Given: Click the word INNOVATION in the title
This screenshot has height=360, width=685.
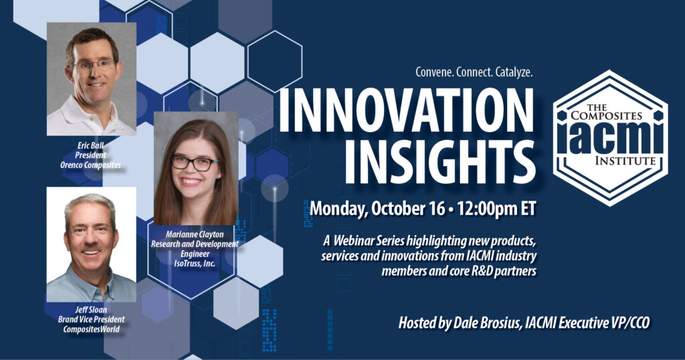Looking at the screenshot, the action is [406, 110].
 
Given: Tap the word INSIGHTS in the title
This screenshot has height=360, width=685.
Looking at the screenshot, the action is [440, 163].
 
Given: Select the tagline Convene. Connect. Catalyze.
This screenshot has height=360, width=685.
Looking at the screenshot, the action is [474, 72].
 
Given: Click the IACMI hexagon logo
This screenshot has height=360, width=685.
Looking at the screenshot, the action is [610, 138].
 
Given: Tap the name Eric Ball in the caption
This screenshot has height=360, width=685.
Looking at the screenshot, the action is [90, 145].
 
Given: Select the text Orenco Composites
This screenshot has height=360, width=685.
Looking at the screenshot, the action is [90, 165].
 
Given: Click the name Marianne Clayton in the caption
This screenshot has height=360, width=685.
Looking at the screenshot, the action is [195, 235].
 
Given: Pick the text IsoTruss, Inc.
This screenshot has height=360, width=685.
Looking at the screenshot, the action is [195, 264].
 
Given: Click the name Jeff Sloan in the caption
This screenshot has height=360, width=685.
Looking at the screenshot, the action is [91, 310].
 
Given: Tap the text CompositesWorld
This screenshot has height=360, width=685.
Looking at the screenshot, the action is [91, 329].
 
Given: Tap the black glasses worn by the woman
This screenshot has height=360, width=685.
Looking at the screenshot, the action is [195, 163].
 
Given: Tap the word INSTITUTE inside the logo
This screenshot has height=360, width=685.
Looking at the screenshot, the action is [625, 161].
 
